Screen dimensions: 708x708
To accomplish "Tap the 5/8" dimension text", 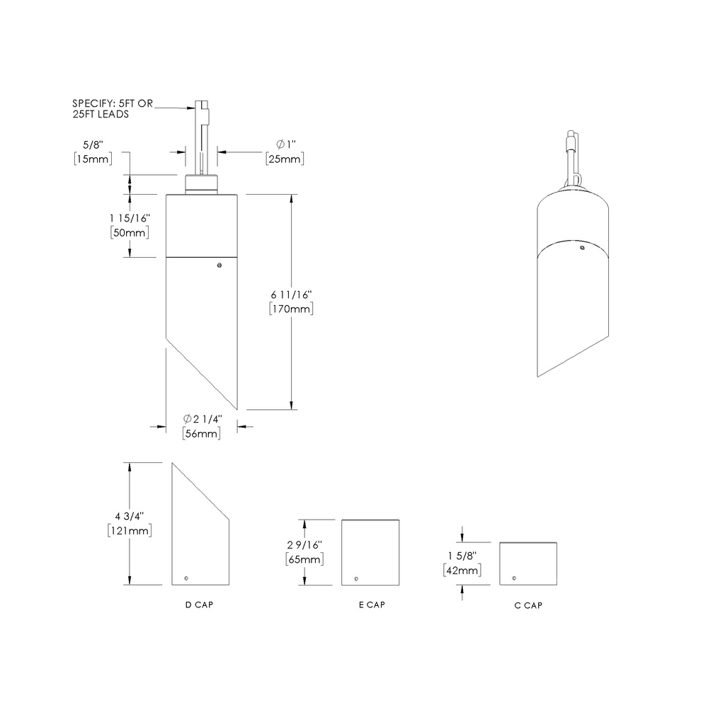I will click(92, 146).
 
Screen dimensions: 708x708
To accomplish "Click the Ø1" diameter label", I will click(285, 146).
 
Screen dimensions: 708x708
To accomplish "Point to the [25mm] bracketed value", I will click(285, 159).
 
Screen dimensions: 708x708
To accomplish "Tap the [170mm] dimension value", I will click(291, 309).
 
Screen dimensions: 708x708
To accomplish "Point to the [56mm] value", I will click(201, 433).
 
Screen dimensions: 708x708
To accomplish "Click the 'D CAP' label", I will click(198, 605).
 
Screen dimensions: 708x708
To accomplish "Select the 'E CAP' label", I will click(372, 605).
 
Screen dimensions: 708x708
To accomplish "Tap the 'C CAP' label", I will click(529, 605).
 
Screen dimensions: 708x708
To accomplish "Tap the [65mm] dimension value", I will click(304, 559).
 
